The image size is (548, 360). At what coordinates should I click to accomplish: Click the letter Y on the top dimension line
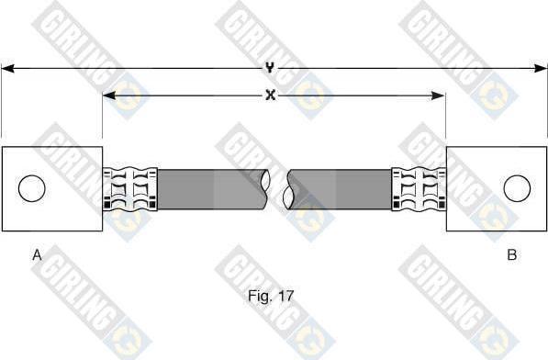pos(269,67)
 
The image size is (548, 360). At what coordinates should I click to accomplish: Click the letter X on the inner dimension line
pos(270,95)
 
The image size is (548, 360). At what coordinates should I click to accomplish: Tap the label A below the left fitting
pos(37,254)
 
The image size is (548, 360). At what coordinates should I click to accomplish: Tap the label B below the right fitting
pos(512,254)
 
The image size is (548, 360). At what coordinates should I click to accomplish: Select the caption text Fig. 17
pos(271,296)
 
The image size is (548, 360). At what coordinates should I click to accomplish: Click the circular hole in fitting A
pos(32,188)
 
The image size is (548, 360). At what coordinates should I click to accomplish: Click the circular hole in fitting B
pos(517,188)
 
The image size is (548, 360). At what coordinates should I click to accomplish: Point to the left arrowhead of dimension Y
pos(7,69)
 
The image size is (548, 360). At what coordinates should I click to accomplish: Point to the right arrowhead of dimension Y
pos(541,69)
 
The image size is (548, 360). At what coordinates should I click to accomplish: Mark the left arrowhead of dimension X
pos(109,96)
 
